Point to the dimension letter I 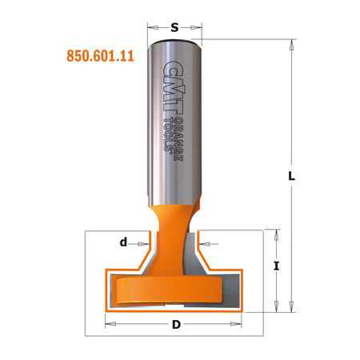pyautogui.click(x=276, y=267)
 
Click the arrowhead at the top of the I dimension pyautogui.click(x=276, y=234)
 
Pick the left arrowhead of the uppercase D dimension pyautogui.click(x=111, y=323)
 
